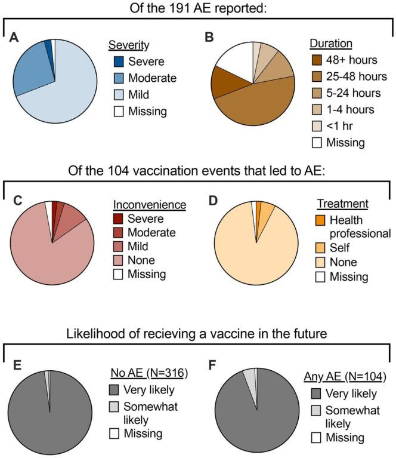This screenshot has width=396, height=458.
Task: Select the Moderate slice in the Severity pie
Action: tap(32, 67)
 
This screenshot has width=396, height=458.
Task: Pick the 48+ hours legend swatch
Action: tap(318, 61)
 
